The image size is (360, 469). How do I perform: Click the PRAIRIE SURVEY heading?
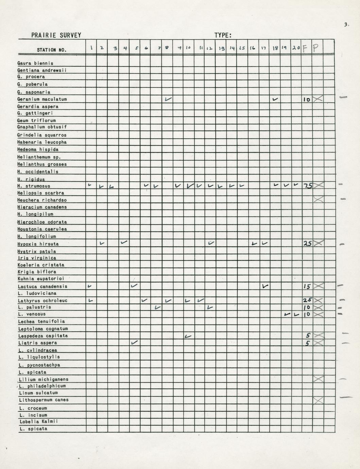coord(56,35)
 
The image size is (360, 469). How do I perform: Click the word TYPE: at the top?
coord(223,35)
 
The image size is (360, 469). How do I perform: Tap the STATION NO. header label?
coord(52,50)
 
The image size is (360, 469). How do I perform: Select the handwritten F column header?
coord(305,48)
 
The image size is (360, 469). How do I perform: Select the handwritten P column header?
coord(315,48)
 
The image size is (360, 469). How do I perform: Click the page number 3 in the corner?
coord(346,24)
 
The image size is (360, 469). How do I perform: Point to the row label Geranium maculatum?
coord(42,99)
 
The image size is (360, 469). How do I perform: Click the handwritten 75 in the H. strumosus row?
coord(307,186)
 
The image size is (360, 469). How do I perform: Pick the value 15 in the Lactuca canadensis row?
coord(307,286)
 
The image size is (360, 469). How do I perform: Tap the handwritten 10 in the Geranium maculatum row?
coord(306,100)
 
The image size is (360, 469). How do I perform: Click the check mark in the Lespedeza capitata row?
coord(188,336)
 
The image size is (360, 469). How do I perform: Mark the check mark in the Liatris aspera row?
coord(135,343)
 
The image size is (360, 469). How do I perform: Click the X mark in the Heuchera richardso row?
coord(318,199)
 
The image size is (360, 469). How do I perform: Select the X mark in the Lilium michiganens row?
coord(318,379)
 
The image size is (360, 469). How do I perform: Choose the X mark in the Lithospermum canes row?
coord(318,400)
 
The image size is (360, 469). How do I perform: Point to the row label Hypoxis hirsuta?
coord(38,244)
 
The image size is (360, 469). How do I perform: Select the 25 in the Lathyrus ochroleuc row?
coord(307,300)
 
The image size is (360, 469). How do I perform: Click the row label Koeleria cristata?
coord(41,265)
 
